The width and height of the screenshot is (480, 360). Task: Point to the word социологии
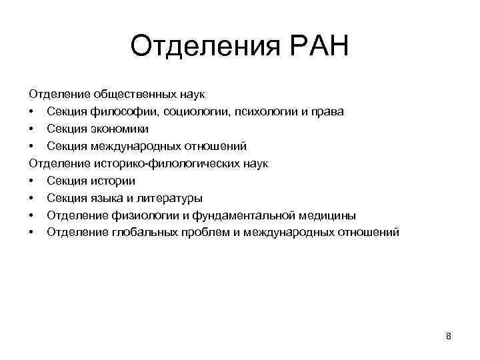[189, 111]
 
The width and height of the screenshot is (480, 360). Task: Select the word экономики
[116, 129]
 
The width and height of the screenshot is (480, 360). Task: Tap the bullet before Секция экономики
[31, 129]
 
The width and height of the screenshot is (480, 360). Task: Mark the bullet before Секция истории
[31, 181]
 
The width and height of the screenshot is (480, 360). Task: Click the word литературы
[165, 198]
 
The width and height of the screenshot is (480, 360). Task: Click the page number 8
[449, 336]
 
